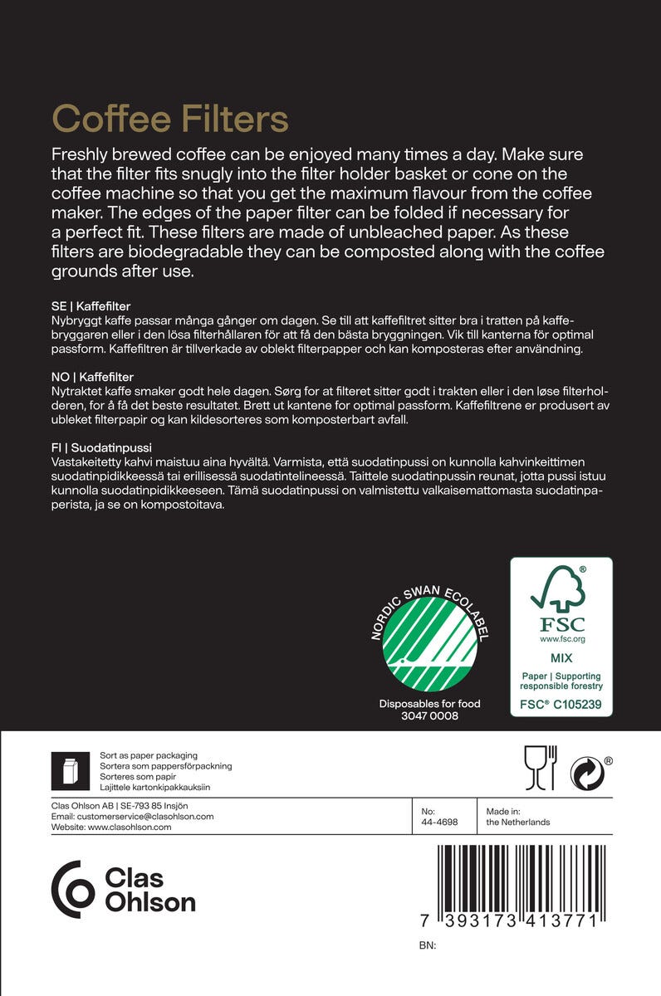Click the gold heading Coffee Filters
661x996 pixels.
pos(170,118)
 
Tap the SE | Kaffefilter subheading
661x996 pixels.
pos(92,306)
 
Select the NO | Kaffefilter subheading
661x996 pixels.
pos(93,377)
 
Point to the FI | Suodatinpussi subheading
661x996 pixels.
pos(101,447)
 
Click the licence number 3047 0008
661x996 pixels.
pos(429,715)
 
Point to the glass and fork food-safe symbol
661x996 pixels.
pos(540,768)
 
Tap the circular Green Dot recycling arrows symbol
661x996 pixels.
pos(586,774)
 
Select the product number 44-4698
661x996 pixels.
pos(439,823)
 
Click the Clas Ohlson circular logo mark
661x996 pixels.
pos(73,889)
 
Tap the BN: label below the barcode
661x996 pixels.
pos(428,945)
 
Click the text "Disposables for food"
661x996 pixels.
pos(429,704)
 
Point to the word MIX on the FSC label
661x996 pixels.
pos(561,658)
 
